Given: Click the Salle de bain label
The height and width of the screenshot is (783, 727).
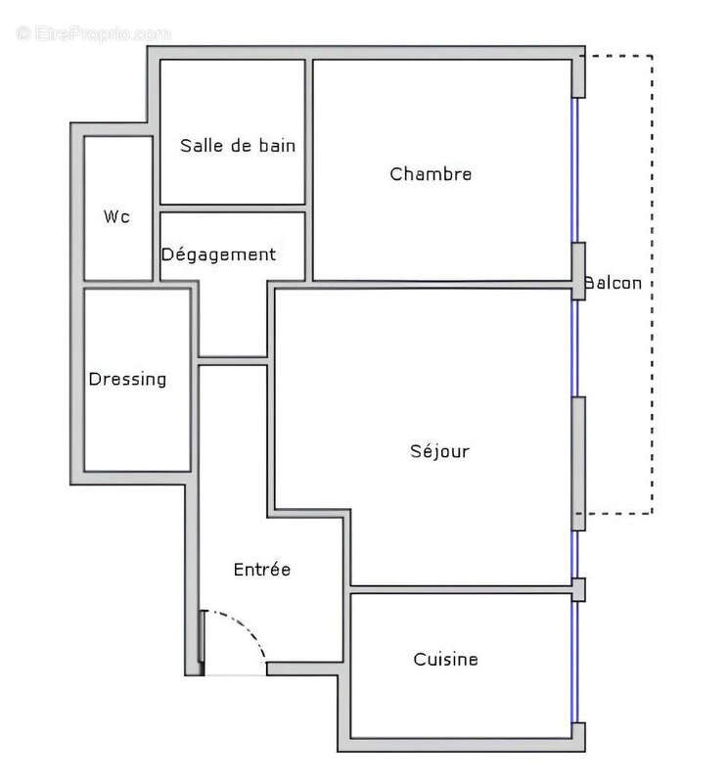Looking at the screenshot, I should tap(238, 146).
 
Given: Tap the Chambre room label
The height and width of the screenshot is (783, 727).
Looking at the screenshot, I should tap(431, 174).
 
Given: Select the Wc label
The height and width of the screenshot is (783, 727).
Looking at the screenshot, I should tap(116, 216).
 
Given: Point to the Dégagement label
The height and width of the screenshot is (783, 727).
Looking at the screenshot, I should tap(218, 254).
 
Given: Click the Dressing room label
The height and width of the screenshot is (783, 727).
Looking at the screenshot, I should tap(127, 379).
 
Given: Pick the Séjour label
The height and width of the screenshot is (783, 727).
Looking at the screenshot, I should tap(439, 451).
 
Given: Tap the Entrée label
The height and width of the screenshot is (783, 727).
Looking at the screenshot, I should tap(261, 569).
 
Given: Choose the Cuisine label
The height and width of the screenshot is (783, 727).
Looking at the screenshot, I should tap(445, 659).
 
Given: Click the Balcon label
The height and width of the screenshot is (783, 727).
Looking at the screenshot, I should tap(613, 284).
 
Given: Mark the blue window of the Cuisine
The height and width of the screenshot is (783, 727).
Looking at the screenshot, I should tap(575, 662).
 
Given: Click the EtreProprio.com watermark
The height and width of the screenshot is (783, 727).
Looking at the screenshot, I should tap(93, 33).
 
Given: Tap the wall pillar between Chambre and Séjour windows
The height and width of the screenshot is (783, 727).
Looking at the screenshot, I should tap(578, 270).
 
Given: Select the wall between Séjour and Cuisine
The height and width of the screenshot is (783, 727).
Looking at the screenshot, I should tap(460, 589).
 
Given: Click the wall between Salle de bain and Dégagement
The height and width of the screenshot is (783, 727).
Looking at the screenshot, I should tap(233, 208).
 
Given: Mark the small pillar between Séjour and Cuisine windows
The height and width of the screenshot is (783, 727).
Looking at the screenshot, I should tap(578, 589).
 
